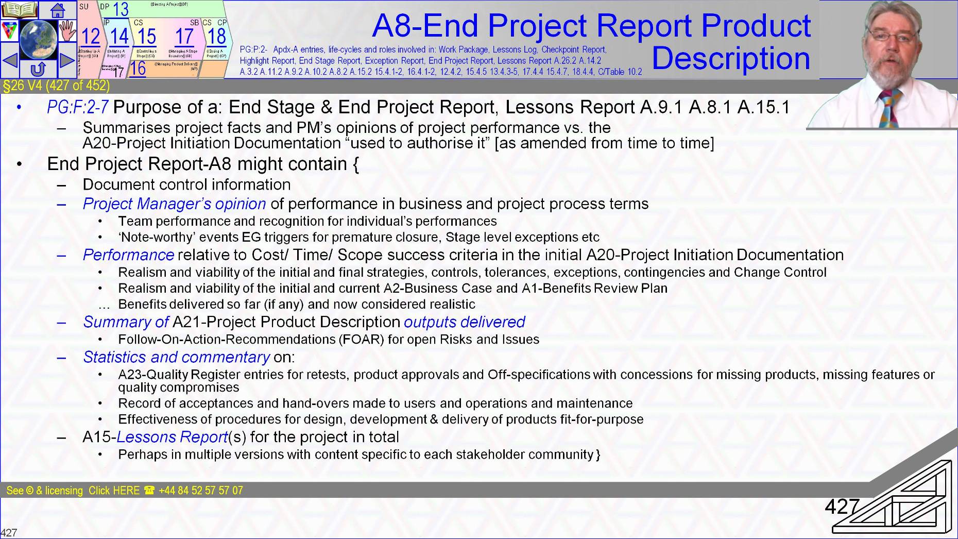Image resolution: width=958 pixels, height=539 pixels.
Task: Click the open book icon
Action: point(19,10)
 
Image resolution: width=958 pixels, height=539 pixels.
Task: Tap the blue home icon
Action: point(57,10)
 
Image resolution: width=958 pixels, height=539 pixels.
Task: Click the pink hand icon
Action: point(67,31)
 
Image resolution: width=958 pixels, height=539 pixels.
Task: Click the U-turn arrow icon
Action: point(38,69)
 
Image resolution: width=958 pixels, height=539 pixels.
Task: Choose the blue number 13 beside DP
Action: point(121,9)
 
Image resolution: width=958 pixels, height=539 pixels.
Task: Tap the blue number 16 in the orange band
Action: point(138,69)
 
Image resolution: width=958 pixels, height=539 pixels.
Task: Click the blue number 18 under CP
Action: point(217,37)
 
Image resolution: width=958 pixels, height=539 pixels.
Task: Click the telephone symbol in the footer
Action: point(149,491)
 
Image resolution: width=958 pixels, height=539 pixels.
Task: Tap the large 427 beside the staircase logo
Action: point(842,507)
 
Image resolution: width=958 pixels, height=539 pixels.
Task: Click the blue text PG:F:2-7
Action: point(77,107)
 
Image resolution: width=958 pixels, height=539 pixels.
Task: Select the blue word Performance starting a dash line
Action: point(128,255)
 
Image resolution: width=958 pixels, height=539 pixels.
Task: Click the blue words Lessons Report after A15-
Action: point(172,437)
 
